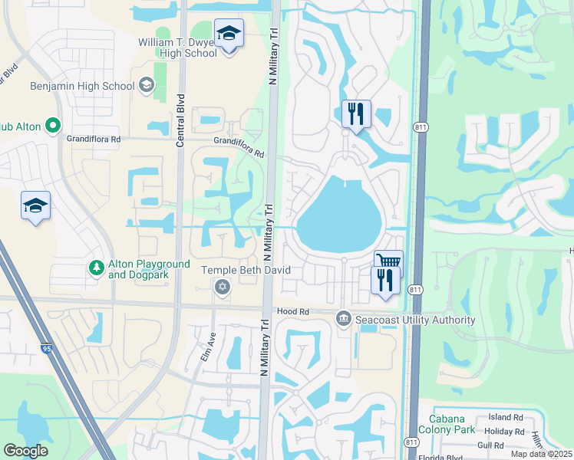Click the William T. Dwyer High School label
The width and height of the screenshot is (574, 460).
(177, 48)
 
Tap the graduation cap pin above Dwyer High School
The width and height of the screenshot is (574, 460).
(228, 34)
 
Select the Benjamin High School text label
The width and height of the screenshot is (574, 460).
(81, 86)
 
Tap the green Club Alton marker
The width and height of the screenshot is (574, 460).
(53, 125)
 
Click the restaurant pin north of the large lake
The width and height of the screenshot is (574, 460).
(356, 114)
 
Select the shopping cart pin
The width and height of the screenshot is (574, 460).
(388, 262)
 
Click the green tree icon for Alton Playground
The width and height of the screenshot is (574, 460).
(96, 268)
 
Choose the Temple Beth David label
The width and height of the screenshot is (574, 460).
(235, 270)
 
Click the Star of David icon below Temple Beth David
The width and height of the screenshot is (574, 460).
(223, 287)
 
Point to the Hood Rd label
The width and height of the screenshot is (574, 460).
(292, 312)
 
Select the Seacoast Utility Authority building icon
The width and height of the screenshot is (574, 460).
(343, 318)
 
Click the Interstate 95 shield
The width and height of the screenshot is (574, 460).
(48, 349)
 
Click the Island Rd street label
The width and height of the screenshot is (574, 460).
(505, 417)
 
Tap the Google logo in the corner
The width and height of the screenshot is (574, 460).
(25, 450)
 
